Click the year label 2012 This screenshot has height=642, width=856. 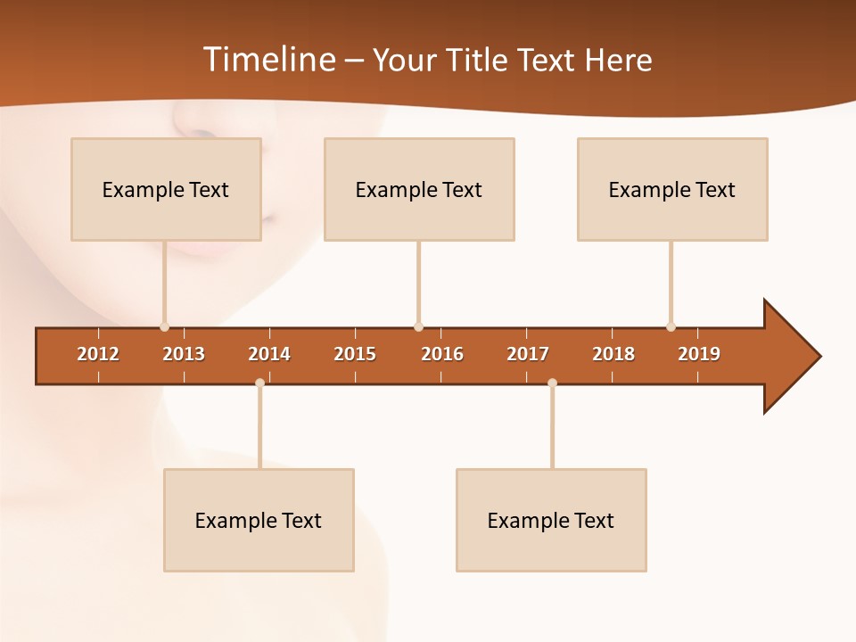coord(98,354)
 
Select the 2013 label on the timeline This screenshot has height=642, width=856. coord(184,354)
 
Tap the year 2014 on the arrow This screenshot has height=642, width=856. coord(269,354)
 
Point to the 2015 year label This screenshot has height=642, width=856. coord(355,354)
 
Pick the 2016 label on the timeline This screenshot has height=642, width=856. coord(442,354)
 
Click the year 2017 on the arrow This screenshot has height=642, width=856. coord(528,354)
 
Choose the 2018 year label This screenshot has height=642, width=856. coord(613,354)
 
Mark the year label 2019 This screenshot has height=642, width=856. coord(699,354)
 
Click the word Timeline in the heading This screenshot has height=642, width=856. coord(268,60)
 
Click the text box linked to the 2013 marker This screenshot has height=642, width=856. coord(166,189)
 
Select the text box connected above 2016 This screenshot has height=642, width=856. coord(419,189)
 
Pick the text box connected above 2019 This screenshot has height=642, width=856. coord(672,189)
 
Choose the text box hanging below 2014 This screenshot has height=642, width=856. coord(259,520)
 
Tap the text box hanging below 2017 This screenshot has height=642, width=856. coord(551,520)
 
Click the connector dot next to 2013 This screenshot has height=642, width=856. coord(164,327)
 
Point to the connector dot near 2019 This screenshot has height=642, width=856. coord(671,327)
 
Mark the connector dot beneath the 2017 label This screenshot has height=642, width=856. coord(552,383)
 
